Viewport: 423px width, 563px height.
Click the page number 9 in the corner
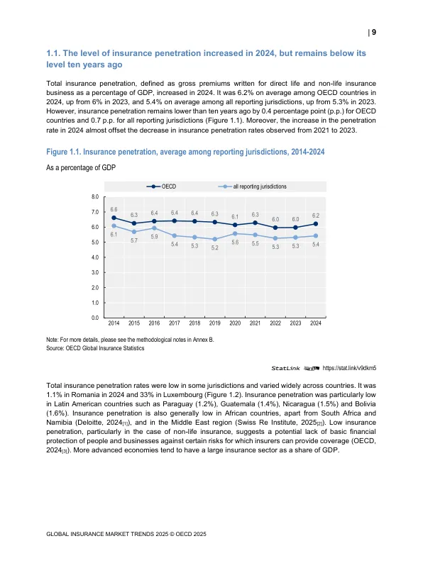pos(374,33)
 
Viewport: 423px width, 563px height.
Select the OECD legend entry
pos(161,186)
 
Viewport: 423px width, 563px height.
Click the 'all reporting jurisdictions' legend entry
pos(252,186)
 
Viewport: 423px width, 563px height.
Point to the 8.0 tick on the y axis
pos(95,196)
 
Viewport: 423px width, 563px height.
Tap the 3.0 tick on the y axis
pos(95,272)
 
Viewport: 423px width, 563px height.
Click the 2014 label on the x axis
pos(114,323)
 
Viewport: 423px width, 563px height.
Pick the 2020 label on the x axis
pos(235,323)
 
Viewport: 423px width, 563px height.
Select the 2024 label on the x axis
pos(316,323)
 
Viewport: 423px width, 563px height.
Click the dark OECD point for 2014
pos(114,218)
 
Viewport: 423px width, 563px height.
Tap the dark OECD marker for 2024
pos(316,223)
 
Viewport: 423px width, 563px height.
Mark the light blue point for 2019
pos(214,239)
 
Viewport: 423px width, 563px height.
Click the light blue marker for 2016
pos(154,228)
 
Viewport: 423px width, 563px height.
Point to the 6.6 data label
pos(114,209)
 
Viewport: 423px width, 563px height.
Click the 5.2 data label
pos(214,247)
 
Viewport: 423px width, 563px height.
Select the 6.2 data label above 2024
pos(316,216)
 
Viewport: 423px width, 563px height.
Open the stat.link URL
pos(349,368)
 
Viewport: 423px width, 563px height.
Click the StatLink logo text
pos(285,369)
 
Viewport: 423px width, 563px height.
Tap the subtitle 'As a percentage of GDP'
pos(81,167)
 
